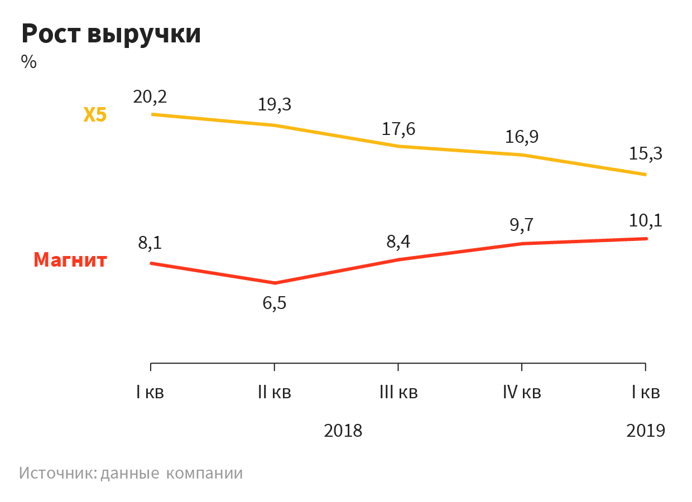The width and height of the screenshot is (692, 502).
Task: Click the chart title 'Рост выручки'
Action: (111, 35)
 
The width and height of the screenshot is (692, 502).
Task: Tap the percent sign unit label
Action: (29, 62)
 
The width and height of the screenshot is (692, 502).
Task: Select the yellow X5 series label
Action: (95, 115)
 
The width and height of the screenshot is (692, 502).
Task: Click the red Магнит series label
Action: (70, 260)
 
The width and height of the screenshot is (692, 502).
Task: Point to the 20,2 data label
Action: (150, 96)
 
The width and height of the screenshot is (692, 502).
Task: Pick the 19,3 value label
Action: (275, 104)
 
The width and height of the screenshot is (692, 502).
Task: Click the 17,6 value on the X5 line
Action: (398, 129)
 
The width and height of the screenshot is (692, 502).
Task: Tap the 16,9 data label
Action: (522, 137)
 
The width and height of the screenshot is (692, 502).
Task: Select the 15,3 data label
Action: (646, 153)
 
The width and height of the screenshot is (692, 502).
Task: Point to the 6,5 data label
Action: (275, 305)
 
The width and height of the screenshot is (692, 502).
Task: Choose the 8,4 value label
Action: (398, 242)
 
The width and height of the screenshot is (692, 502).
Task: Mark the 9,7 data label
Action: (522, 225)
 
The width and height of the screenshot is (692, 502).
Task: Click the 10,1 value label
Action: (646, 221)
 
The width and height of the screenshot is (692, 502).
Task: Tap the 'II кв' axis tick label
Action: (275, 393)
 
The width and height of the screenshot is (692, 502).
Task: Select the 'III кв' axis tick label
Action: (398, 393)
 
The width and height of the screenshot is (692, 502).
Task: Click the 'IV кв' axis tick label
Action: (522, 393)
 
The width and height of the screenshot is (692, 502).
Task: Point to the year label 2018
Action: (343, 431)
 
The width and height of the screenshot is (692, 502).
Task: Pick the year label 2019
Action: (646, 431)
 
